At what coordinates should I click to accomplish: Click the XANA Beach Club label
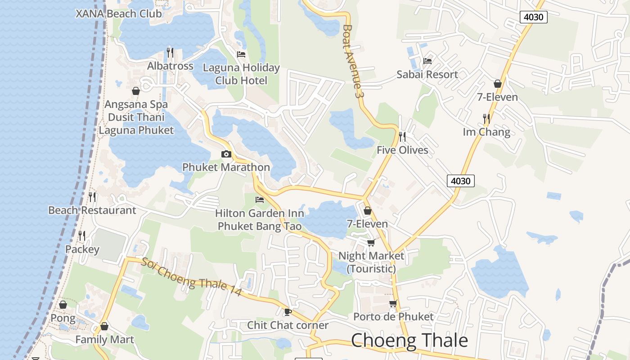[x=119, y=13]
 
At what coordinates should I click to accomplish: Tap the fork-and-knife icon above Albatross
[x=170, y=53]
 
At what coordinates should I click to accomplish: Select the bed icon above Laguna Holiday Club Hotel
[x=241, y=54]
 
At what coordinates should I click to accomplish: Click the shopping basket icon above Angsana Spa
[x=136, y=91]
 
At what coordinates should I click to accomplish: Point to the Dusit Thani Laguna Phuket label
[x=136, y=124]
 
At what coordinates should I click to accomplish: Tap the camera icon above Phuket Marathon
[x=226, y=154]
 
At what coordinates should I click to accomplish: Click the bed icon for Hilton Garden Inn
[x=260, y=200]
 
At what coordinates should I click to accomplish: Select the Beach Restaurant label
[x=92, y=210]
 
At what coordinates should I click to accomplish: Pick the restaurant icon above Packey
[x=82, y=236]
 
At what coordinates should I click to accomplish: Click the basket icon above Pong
[x=63, y=305]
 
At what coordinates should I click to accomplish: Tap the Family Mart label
[x=105, y=339]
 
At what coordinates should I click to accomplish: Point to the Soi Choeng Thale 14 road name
[x=192, y=276]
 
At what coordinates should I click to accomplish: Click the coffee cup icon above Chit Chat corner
[x=288, y=312]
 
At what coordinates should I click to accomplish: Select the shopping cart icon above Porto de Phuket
[x=393, y=304]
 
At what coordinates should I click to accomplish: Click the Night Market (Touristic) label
[x=371, y=262]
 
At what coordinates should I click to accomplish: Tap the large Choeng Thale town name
[x=409, y=340]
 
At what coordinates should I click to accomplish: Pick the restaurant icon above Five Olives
[x=402, y=136]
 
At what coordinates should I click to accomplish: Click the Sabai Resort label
[x=427, y=74]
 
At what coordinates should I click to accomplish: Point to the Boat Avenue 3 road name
[x=352, y=61]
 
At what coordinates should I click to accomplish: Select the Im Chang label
[x=486, y=132]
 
